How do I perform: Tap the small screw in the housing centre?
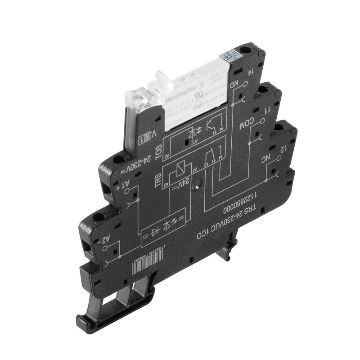197,184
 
